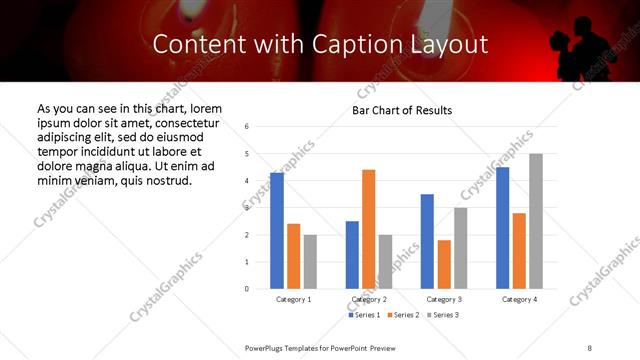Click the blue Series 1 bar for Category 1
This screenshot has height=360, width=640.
(277, 231)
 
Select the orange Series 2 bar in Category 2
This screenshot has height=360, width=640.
(369, 229)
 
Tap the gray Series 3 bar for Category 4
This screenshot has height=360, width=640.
(536, 221)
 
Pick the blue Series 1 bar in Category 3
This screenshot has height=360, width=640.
(427, 241)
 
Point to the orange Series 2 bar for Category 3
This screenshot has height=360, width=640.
(444, 264)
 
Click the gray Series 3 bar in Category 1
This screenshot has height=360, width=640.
(311, 262)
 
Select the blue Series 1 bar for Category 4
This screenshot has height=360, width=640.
(502, 228)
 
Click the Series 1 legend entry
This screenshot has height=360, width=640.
(364, 315)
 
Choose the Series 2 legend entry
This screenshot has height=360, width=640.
(404, 315)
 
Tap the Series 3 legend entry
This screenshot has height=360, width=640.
(444, 315)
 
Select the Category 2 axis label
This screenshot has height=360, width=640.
(370, 300)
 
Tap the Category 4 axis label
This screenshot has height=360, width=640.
(519, 300)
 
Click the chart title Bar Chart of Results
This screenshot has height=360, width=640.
(402, 110)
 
